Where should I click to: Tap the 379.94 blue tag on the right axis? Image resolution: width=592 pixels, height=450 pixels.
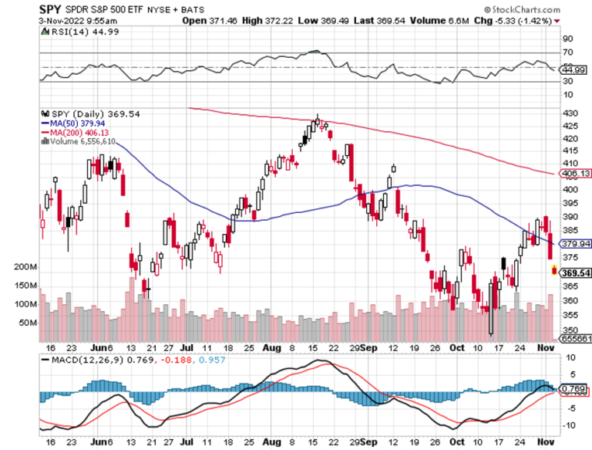[x=576, y=243]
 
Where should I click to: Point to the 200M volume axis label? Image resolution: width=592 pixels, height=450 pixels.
[x=25, y=267]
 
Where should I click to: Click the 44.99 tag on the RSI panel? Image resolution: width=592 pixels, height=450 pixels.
[x=575, y=69]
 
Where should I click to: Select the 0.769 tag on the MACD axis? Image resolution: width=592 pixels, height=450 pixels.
[x=575, y=388]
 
